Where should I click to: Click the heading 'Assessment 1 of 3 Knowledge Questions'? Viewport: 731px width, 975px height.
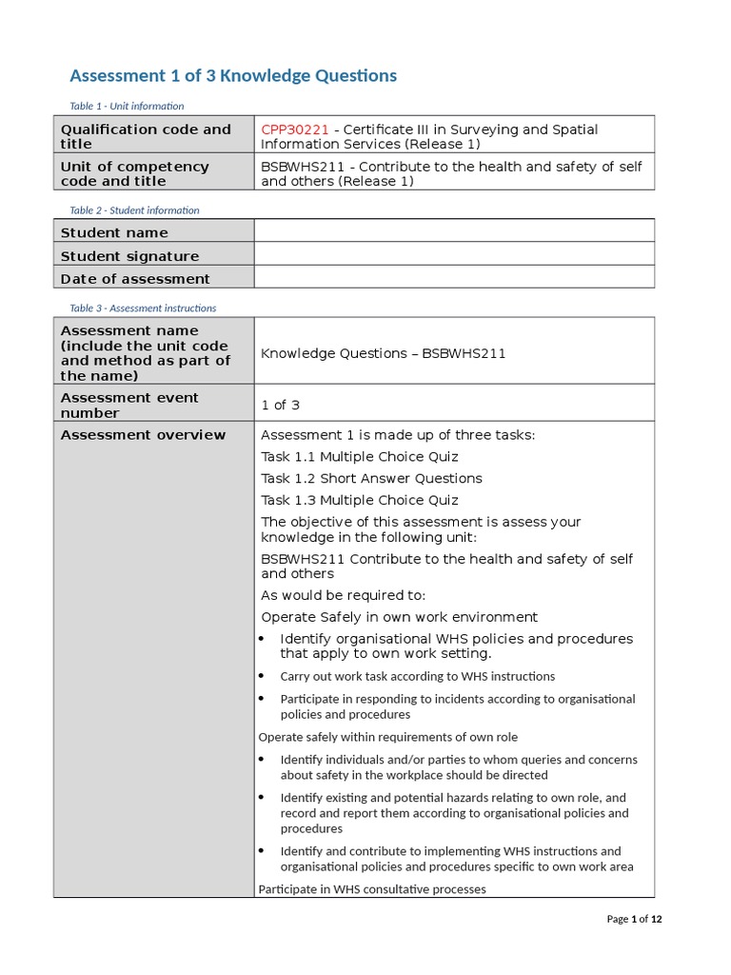pos(233,75)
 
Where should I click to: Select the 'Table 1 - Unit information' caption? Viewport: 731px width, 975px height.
pos(127,106)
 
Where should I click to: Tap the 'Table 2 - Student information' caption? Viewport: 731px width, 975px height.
pos(134,209)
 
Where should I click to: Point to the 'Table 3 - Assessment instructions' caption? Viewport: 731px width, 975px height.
pos(143,308)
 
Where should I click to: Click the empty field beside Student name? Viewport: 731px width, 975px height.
pos(454,231)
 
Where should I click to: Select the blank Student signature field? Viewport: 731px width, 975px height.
pos(454,254)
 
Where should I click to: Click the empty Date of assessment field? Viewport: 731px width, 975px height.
pos(454,277)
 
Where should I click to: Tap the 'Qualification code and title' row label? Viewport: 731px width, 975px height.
pos(146,136)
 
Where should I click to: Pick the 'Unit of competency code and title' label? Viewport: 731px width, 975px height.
pos(134,173)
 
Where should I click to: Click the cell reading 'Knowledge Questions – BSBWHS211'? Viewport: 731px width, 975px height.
pos(383,353)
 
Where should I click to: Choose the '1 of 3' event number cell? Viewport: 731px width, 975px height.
pos(280,405)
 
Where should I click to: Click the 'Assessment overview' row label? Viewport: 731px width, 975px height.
pos(143,435)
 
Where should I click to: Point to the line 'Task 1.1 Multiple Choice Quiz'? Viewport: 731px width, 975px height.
pos(359,456)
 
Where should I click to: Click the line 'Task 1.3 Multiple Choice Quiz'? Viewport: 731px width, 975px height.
pos(359,500)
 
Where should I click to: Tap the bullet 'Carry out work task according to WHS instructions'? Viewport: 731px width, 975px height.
pos(417,676)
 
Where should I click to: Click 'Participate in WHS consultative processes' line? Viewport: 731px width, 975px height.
pos(371,888)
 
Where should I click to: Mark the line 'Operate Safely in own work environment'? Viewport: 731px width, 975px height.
pos(399,617)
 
